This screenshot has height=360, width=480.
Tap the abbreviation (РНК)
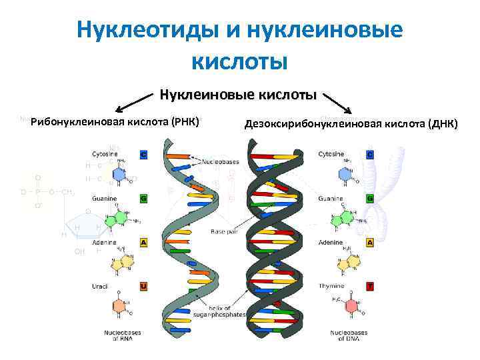click(186, 121)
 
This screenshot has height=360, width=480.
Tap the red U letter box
click(143, 286)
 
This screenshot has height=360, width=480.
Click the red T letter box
click(370, 286)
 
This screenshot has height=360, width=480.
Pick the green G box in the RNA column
click(143, 199)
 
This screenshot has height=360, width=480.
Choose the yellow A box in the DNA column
click(370, 243)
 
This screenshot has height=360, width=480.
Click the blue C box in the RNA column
click(143, 155)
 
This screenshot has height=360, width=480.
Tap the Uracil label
click(100, 286)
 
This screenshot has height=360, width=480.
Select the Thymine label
click(331, 286)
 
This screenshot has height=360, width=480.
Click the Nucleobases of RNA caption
click(122, 335)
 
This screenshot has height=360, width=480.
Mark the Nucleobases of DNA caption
click(349, 335)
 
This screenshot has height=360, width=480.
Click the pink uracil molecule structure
click(119, 307)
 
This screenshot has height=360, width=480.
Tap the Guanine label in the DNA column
click(331, 199)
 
